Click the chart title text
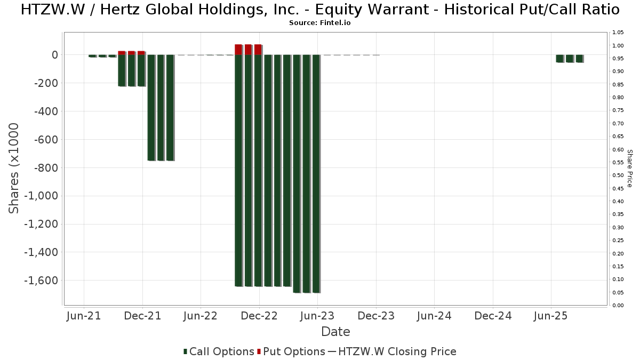tap(320, 10)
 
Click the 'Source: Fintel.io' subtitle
tap(319, 23)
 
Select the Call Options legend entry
tap(219, 351)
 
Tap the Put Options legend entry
tap(291, 351)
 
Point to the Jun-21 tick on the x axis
tap(84, 316)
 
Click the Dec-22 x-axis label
tap(259, 316)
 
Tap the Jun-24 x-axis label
tap(434, 316)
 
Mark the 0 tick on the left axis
tap(54, 55)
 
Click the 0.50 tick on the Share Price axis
tap(618, 175)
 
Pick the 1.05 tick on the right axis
tap(618, 33)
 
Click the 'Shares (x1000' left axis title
tap(14, 168)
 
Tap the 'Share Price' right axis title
tap(629, 168)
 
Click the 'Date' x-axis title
tap(335, 332)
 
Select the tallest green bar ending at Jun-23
tap(316, 173)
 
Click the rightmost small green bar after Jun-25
tap(579, 59)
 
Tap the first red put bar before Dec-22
tap(238, 50)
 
